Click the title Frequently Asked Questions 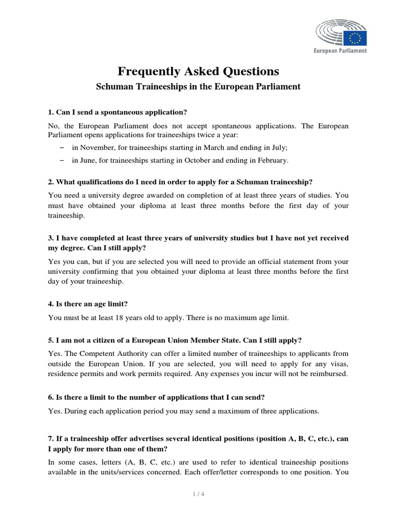198,71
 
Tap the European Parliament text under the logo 341,51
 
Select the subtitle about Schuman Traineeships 198,87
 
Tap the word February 272,160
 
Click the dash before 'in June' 63,160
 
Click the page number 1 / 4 198,494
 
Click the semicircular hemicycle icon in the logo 330,37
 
